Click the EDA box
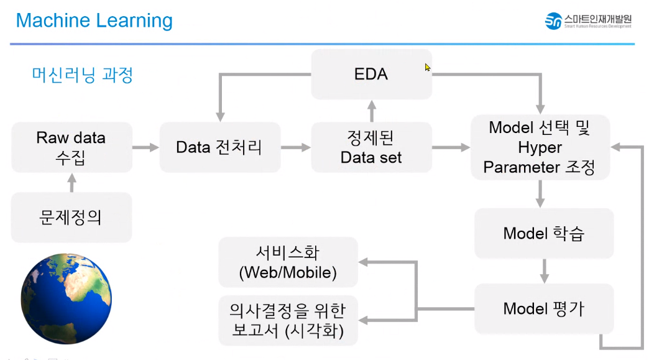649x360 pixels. [x=371, y=74]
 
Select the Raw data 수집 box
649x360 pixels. [x=71, y=147]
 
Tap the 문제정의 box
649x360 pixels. [x=71, y=218]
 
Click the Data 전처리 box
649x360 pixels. [x=219, y=147]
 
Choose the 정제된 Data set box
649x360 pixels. [x=371, y=147]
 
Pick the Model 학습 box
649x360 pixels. [x=543, y=234]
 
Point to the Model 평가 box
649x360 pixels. [x=543, y=308]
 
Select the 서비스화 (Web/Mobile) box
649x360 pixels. [x=288, y=262]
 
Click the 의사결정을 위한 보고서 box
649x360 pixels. [x=288, y=320]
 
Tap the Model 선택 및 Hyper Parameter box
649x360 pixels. [x=540, y=147]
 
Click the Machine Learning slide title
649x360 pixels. [x=94, y=21]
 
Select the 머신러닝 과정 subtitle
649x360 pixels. [x=83, y=75]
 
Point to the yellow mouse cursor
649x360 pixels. [x=428, y=67]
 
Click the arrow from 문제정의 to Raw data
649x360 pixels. [x=71, y=183]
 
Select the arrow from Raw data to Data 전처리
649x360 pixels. [x=145, y=147]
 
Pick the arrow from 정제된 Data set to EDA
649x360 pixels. [x=371, y=111]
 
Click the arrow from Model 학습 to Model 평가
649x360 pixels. [x=543, y=271]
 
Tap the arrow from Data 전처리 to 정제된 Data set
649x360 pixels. [x=295, y=147]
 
